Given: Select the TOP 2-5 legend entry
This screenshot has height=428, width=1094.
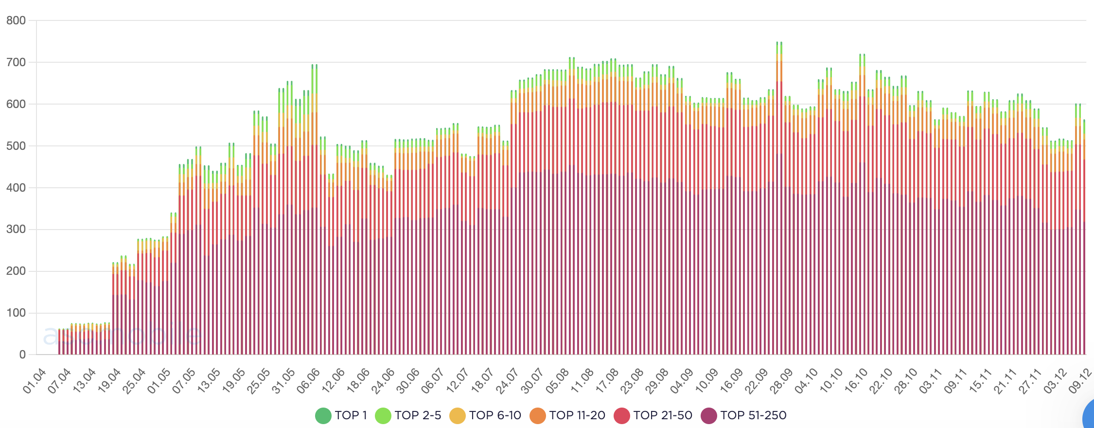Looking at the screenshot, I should pyautogui.click(x=408, y=415).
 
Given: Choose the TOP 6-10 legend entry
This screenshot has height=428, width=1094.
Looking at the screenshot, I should pyautogui.click(x=485, y=415).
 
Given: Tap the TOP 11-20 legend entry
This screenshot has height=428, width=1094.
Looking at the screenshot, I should pyautogui.click(x=567, y=415).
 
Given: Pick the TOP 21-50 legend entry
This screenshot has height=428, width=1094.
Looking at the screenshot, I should pyautogui.click(x=653, y=415).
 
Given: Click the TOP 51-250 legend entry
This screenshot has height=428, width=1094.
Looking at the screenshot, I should pyautogui.click(x=744, y=415).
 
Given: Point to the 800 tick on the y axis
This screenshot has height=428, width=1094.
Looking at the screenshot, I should pyautogui.click(x=16, y=20).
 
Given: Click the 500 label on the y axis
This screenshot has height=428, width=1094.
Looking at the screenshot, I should pyautogui.click(x=16, y=146).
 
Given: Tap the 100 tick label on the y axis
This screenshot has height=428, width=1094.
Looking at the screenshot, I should pyautogui.click(x=16, y=313).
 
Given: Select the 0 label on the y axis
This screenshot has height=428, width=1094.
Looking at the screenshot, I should pyautogui.click(x=22, y=355).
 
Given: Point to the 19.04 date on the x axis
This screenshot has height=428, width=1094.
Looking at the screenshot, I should pyautogui.click(x=109, y=381).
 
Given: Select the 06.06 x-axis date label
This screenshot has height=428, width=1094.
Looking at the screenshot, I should pyautogui.click(x=309, y=381).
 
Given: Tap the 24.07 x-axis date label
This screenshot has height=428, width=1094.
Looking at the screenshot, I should pyautogui.click(x=508, y=381).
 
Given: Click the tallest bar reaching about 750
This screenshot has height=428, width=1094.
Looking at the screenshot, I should pyautogui.click(x=779, y=195).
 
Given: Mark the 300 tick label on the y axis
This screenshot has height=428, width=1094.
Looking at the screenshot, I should pyautogui.click(x=16, y=229).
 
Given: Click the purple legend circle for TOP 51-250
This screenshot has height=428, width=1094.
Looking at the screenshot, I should pyautogui.click(x=709, y=415).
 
